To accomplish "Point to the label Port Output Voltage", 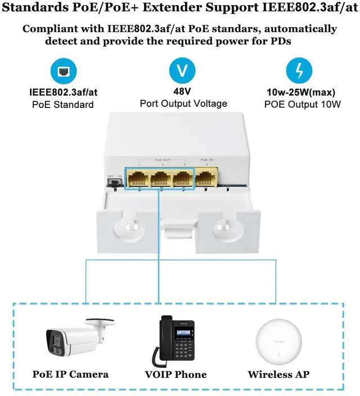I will point(183,103).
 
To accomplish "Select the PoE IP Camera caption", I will point(70,374).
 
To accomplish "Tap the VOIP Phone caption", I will point(176,374).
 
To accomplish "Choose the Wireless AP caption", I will point(279,374).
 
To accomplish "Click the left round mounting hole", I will point(129,227).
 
